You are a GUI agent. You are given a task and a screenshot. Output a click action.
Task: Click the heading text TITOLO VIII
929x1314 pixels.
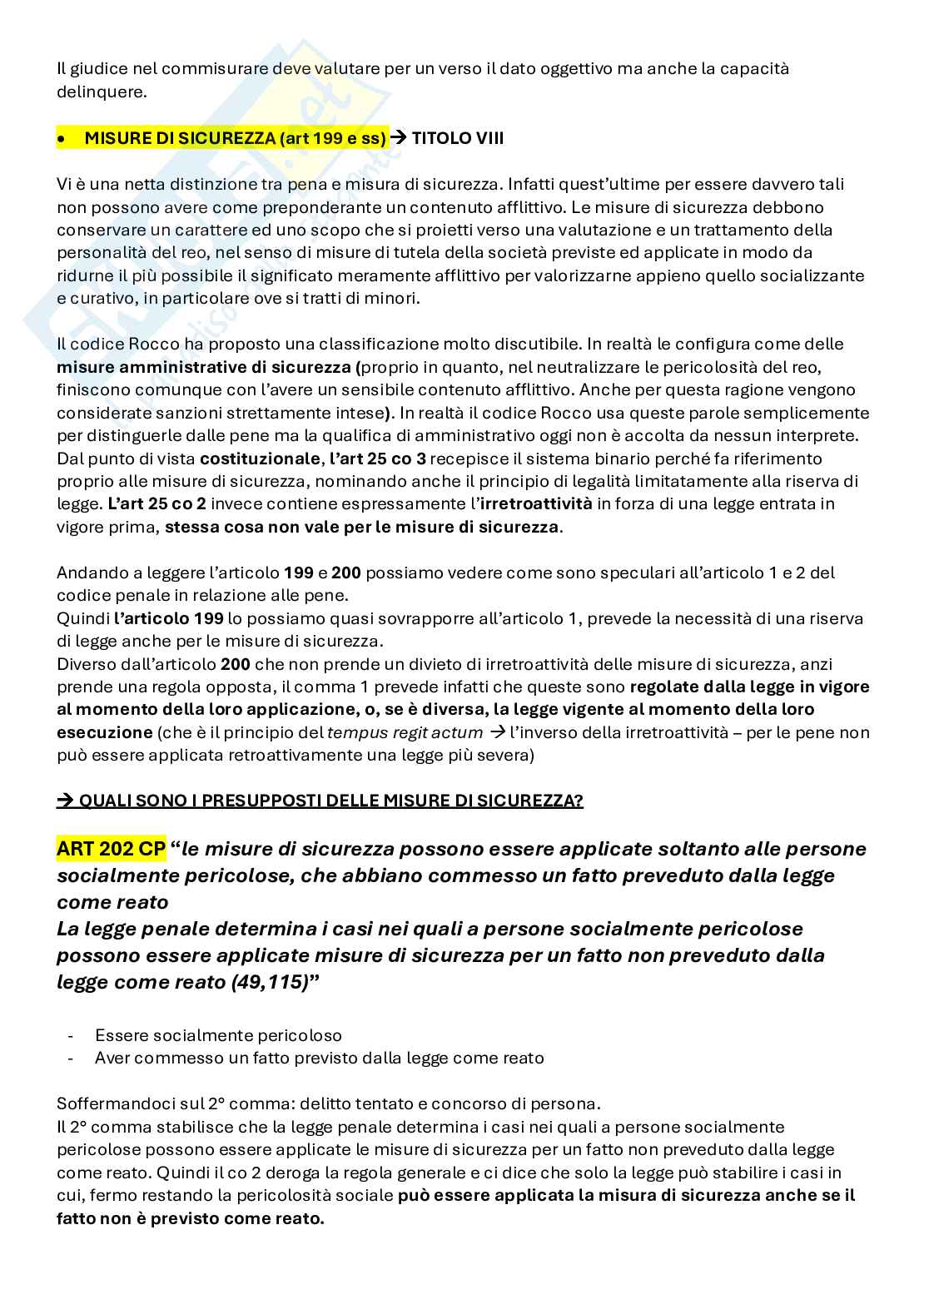[x=457, y=139]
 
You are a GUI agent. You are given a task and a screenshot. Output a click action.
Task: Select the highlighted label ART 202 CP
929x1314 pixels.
[x=112, y=849]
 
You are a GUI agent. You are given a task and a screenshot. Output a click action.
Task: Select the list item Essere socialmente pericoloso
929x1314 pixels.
[x=218, y=1035]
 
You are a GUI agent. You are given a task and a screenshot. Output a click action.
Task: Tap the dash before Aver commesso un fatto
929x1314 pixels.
[x=70, y=1059]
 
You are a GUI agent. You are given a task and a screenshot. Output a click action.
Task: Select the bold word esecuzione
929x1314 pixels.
[x=104, y=732]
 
